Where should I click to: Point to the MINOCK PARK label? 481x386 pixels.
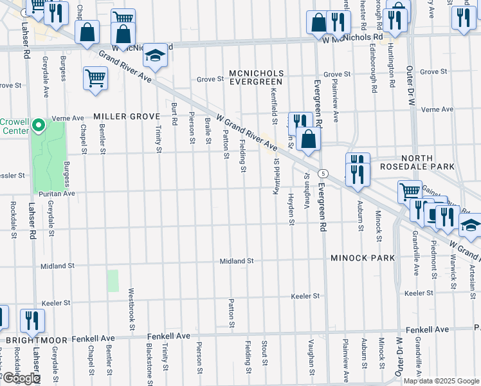tap(362, 258)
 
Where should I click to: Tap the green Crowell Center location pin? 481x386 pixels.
tap(38, 124)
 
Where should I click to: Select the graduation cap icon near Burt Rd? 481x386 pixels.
tap(155, 57)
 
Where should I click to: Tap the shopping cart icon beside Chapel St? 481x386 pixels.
tap(95, 78)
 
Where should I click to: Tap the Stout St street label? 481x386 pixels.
tap(264, 351)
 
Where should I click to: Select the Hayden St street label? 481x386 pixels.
tap(291, 210)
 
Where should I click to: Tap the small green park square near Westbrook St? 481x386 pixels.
tap(113, 280)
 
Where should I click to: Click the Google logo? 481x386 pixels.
tap(21, 378)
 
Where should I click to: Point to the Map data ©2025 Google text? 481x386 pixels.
tap(440, 381)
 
